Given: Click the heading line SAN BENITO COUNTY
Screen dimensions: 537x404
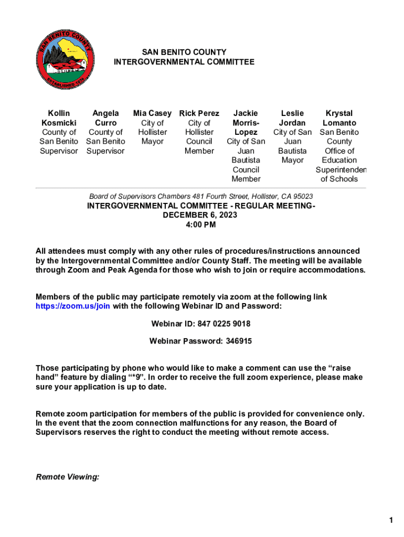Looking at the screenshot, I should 184,52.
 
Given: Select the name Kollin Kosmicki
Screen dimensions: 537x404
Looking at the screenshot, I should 59,118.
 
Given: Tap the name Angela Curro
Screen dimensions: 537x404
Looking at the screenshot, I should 105,118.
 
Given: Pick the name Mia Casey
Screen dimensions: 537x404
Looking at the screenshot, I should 152,113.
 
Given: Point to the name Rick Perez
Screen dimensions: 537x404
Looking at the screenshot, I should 199,113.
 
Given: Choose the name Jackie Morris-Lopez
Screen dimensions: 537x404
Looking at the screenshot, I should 246,123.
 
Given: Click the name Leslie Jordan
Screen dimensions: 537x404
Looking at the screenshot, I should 293,118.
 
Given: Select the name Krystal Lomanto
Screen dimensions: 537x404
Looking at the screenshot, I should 339,118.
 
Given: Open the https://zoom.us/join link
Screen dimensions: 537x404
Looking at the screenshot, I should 73,306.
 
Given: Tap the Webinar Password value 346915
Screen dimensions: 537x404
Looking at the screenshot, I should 239,341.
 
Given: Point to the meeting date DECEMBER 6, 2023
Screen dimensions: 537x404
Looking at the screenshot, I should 200,215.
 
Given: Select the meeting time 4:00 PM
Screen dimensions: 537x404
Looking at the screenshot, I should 200,225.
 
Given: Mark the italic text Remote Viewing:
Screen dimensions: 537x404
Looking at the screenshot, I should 68,477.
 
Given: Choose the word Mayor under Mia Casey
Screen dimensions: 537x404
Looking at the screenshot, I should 152,142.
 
